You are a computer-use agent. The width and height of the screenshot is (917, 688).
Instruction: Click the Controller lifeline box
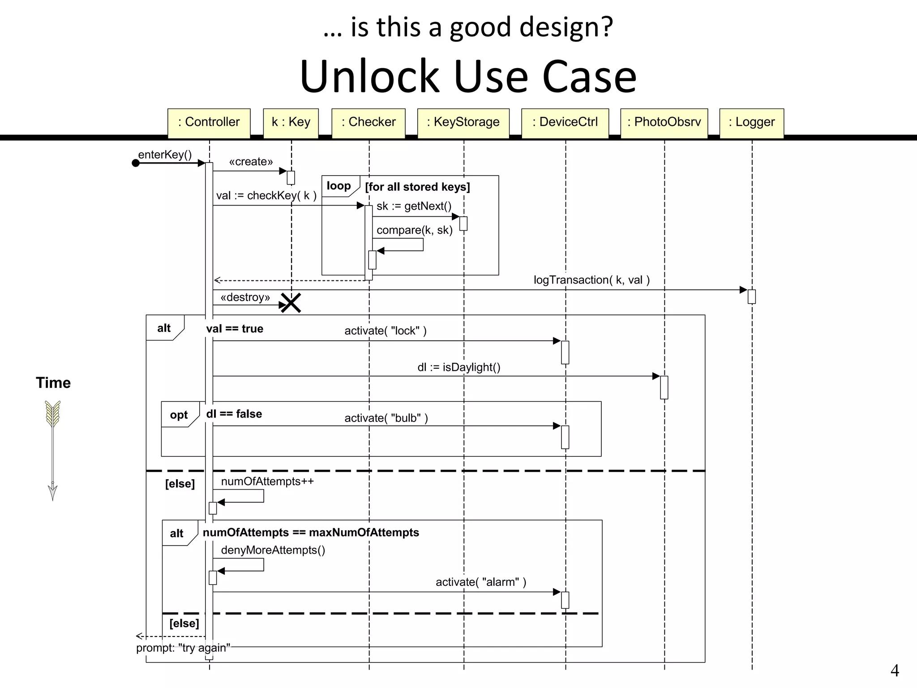tap(209, 122)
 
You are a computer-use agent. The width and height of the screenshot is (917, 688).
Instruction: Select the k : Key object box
tap(291, 122)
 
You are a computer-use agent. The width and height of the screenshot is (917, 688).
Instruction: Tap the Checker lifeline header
tap(368, 122)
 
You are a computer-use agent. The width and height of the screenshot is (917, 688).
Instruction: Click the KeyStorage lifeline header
tap(463, 122)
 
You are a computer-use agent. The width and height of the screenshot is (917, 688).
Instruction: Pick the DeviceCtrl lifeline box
tap(565, 122)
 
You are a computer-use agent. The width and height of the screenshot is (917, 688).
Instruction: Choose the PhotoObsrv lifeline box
tap(664, 122)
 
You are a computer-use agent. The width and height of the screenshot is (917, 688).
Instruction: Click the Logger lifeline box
tap(751, 122)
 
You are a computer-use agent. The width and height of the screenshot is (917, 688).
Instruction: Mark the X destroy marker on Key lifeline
tap(291, 303)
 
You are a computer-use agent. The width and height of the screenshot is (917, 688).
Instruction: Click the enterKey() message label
tap(165, 155)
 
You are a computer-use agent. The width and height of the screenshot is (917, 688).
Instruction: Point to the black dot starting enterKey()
tap(136, 163)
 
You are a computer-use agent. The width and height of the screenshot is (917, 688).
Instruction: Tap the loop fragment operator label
tap(339, 186)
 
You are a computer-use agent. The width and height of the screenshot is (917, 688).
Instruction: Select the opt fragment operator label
tap(179, 415)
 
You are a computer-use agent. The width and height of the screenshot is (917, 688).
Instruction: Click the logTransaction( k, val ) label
tap(591, 280)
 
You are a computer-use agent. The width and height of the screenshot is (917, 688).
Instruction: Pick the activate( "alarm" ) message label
tap(481, 582)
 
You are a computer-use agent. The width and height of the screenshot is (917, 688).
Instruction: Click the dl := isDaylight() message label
tap(459, 367)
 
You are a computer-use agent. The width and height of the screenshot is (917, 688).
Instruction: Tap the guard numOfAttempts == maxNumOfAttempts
tap(311, 533)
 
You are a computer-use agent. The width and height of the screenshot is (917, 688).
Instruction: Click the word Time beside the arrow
tap(53, 383)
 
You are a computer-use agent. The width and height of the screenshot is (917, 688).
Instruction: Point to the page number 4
tap(894, 671)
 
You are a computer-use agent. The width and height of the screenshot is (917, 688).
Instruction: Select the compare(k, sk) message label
tap(414, 230)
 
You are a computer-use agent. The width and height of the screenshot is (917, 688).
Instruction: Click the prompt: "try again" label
tap(183, 648)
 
